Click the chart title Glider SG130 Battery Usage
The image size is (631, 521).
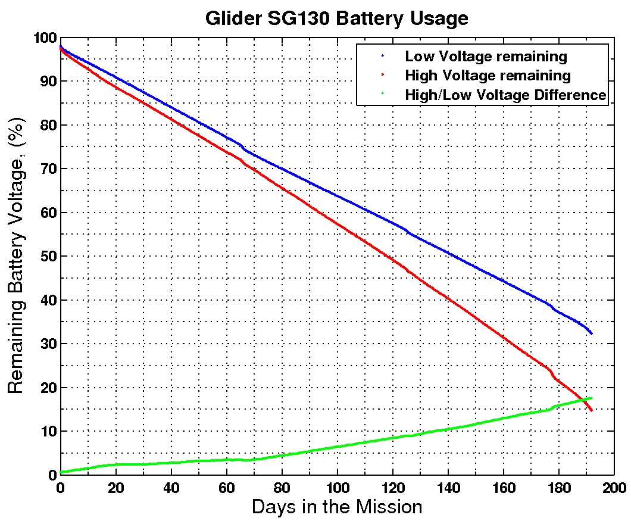(x=336, y=18)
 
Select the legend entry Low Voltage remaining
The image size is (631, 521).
(x=486, y=57)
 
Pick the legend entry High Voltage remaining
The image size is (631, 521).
(x=488, y=76)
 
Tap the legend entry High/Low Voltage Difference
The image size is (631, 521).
(x=505, y=95)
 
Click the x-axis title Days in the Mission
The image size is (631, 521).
(x=337, y=507)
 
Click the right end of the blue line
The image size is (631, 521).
(x=591, y=333)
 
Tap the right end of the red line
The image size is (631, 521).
(x=591, y=410)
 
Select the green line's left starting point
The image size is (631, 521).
(x=61, y=472)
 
